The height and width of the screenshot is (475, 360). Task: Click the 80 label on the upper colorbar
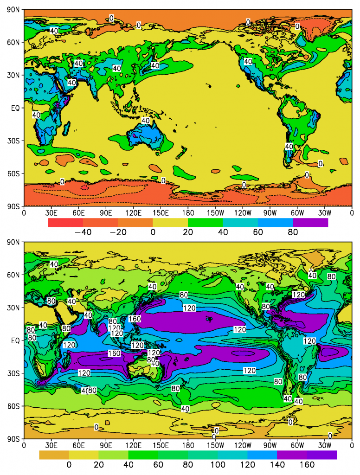tap(292, 233)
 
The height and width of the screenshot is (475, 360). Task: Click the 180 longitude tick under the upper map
tap(188, 213)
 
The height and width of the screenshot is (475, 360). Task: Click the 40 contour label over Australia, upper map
tap(146, 121)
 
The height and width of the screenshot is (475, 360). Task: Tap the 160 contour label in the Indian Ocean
tap(114, 353)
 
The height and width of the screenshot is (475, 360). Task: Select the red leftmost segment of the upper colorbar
tap(65, 223)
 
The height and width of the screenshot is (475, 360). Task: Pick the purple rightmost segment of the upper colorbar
tap(310, 223)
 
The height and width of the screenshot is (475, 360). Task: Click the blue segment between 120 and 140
tap(262, 455)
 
